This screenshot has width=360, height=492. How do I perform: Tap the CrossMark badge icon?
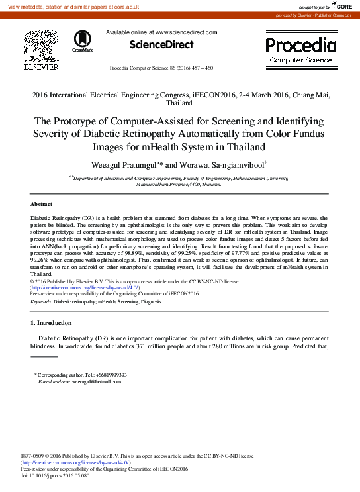(82, 40)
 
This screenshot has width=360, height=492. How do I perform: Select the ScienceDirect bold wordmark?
(161, 44)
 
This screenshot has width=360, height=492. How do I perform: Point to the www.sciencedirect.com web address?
(186, 32)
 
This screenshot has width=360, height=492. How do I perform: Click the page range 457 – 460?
(201, 68)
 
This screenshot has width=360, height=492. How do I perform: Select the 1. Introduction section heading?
(52, 323)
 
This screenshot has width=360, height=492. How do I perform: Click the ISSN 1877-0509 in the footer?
(34, 456)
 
